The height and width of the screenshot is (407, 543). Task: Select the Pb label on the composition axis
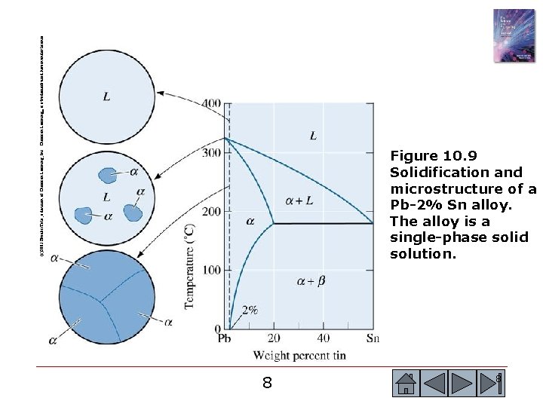point(224,338)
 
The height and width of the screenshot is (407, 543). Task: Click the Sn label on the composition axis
point(373,338)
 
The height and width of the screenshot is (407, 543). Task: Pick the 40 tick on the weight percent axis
point(323,338)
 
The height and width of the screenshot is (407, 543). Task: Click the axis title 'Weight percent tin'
point(299,355)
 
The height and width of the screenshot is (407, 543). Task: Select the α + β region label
point(311,281)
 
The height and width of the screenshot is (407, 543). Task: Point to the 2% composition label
point(250,309)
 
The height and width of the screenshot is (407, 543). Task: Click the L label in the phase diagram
point(313,136)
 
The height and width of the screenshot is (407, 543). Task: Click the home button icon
point(406,383)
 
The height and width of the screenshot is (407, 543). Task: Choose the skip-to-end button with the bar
point(495,383)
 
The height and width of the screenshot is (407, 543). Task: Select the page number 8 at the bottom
point(267,383)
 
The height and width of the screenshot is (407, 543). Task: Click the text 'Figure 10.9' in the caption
point(434,156)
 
